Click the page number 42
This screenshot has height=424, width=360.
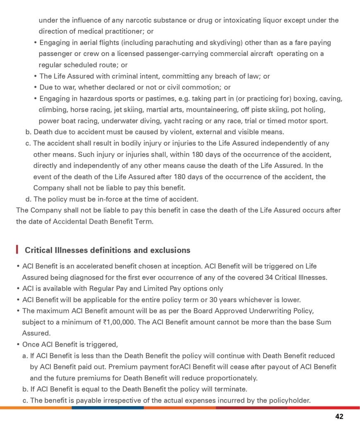[339, 417]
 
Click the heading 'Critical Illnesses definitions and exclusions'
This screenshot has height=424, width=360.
[108, 250]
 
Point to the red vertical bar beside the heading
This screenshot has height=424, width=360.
[17, 250]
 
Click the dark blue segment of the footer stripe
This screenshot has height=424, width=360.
[108, 407]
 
